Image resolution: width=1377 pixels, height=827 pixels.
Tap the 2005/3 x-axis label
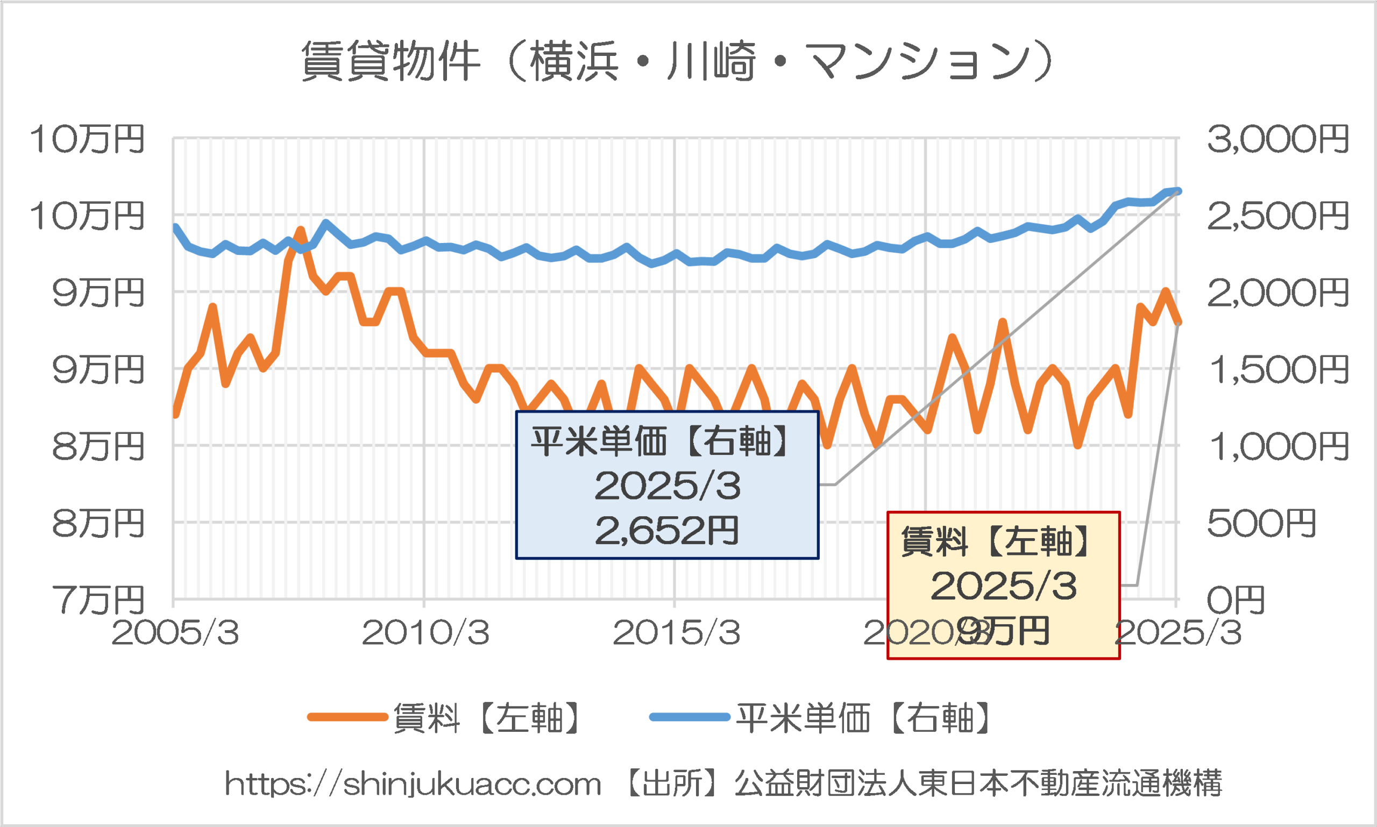175,632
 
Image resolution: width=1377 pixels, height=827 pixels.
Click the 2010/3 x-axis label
425,632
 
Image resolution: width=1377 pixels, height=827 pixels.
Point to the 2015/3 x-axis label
676,632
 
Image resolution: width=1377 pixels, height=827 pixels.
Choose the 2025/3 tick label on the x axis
1178,632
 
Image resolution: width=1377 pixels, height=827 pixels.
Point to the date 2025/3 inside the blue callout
668,486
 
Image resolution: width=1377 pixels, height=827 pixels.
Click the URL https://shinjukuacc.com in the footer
413,784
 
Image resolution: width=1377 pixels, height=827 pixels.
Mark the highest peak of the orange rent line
301,230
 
